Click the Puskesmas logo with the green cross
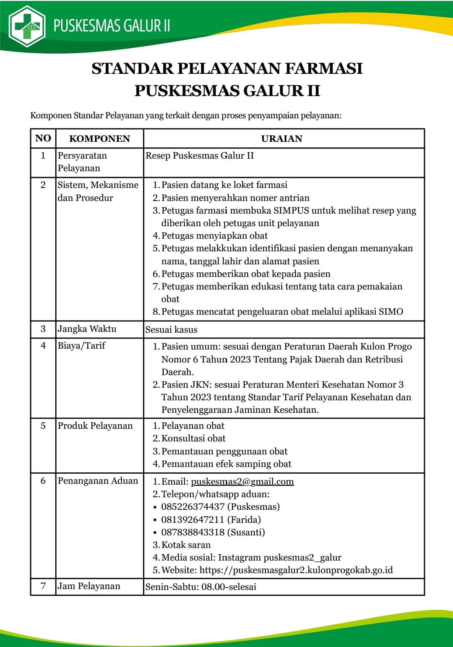point(27,26)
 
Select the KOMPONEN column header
point(99,138)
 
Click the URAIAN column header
point(281,138)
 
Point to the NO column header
point(43,138)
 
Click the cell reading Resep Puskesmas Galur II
point(200,156)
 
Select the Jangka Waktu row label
point(87,329)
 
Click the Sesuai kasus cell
point(171,330)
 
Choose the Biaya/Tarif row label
point(81,346)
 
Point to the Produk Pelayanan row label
point(95,426)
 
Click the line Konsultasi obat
point(193,438)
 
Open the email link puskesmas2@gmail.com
point(242,482)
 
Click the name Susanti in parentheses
point(246,532)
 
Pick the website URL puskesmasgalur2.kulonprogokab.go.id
point(296,570)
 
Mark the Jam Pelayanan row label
point(89,586)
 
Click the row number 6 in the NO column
point(43,481)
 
